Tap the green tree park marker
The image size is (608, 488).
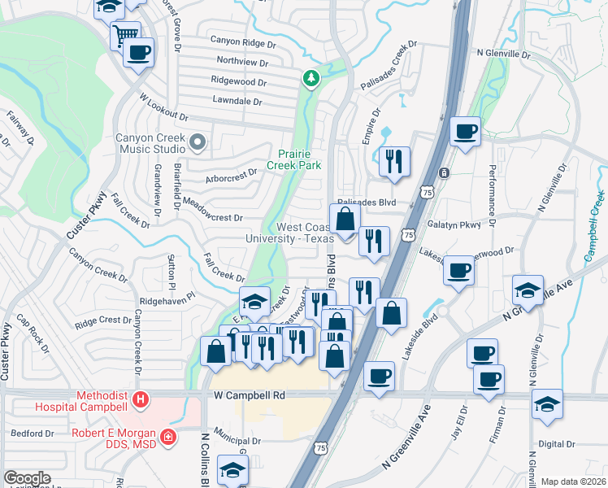pos(311,79)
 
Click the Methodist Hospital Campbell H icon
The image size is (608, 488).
pos(141,400)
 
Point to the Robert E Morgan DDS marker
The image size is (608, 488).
pos(168,437)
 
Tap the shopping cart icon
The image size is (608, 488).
pos(124,35)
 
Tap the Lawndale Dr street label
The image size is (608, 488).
pos(237,102)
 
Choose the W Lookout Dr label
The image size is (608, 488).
pos(163,107)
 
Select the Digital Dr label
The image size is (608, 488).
pos(556,444)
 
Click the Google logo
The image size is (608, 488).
pos(27,478)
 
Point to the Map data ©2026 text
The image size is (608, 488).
pos(572,481)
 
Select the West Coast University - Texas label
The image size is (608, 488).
pos(290,233)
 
